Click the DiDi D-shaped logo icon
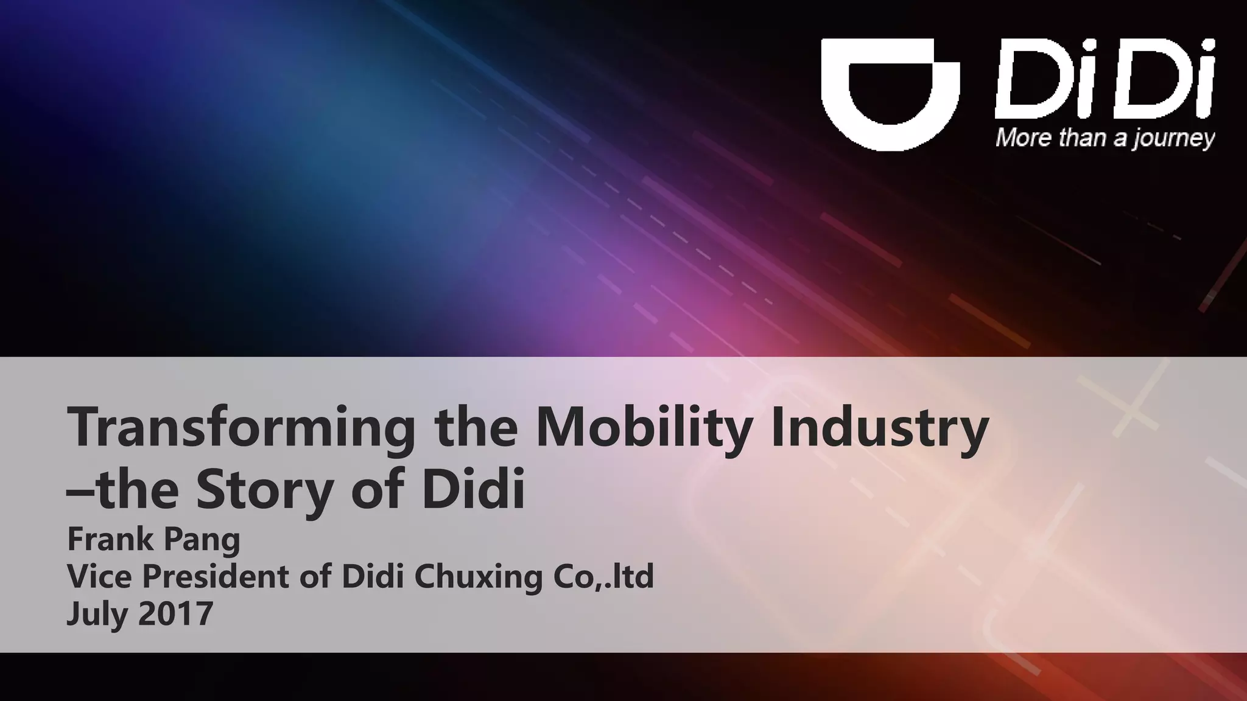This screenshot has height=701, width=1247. click(890, 93)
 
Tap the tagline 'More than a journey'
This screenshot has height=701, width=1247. click(1105, 138)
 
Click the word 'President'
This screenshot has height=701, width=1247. click(216, 576)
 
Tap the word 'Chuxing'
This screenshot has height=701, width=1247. click(478, 577)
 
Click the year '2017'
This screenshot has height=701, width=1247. click(176, 613)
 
